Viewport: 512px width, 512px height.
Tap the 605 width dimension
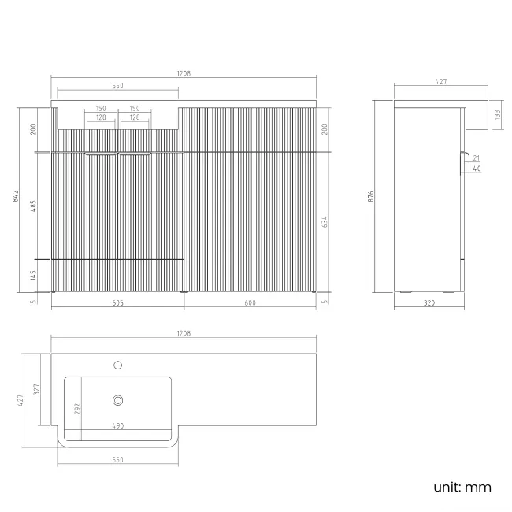point(117,302)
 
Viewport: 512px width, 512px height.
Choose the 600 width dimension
point(249,302)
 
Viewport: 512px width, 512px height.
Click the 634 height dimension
point(325,222)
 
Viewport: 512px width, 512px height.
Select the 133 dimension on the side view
point(496,114)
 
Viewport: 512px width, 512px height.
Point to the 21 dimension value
point(477,159)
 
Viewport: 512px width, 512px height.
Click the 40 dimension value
point(477,168)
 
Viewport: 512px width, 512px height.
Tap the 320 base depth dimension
point(429,302)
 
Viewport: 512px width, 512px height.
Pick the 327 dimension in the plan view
point(36,389)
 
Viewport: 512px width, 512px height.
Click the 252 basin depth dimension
point(76,409)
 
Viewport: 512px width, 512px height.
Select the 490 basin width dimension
point(117,427)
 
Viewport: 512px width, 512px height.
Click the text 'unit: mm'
point(462,487)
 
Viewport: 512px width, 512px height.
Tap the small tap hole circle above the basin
point(118,365)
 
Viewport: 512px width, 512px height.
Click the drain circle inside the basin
point(118,400)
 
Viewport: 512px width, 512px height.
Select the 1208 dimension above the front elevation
point(184,73)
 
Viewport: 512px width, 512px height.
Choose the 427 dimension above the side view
point(441,81)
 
